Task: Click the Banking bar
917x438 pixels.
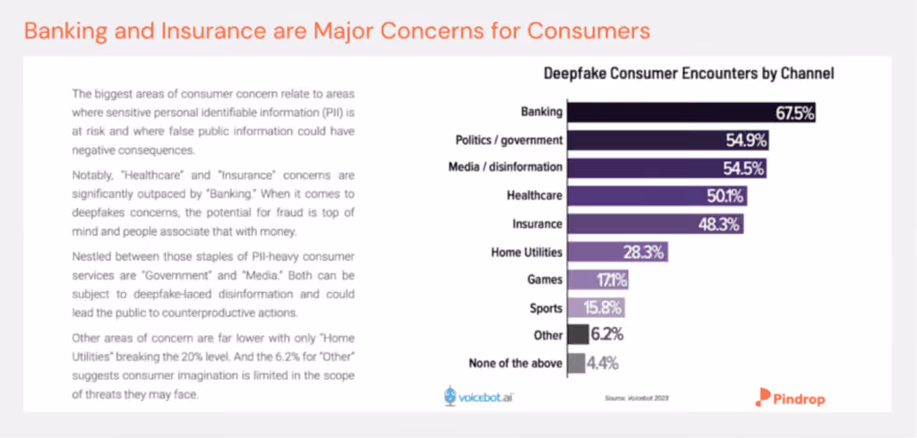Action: [691, 113]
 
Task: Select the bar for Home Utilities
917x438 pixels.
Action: [617, 253]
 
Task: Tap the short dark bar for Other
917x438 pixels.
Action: [578, 335]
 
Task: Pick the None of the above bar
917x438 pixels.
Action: [576, 363]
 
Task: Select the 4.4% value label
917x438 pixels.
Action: [603, 364]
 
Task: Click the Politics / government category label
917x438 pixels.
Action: [509, 141]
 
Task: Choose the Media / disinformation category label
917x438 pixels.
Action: [504, 167]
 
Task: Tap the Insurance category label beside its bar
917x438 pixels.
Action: [537, 224]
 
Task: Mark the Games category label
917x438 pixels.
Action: [545, 279]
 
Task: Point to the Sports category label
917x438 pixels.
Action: [546, 307]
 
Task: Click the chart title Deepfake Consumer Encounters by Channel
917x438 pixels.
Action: [689, 73]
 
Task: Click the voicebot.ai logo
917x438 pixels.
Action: [479, 396]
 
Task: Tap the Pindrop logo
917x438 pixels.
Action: [790, 398]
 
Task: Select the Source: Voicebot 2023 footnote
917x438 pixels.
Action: [637, 399]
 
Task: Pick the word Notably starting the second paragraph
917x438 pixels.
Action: [87, 175]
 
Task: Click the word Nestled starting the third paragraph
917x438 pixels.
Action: [88, 257]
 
